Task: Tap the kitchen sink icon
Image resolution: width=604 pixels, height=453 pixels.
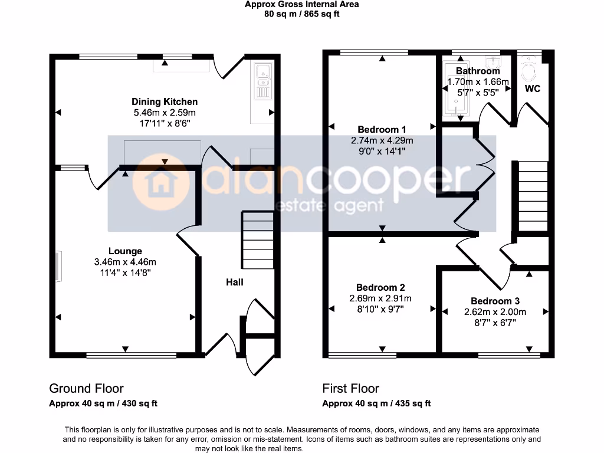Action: pyautogui.click(x=262, y=82)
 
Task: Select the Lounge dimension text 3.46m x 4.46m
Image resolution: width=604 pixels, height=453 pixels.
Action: pyautogui.click(x=125, y=262)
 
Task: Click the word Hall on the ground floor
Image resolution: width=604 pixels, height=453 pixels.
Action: pyautogui.click(x=235, y=282)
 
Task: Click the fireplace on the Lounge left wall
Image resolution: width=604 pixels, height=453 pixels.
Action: pyautogui.click(x=58, y=267)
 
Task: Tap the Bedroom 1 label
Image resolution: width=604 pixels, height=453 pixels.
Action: pyautogui.click(x=382, y=129)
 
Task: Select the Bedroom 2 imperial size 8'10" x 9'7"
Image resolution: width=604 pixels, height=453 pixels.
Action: pyautogui.click(x=380, y=308)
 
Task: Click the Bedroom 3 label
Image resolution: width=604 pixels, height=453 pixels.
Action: pyautogui.click(x=494, y=301)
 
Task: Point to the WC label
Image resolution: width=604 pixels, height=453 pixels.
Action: pyautogui.click(x=533, y=89)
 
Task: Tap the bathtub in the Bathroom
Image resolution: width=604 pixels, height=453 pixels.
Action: pyautogui.click(x=453, y=86)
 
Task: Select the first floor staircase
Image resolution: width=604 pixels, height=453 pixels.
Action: pyautogui.click(x=533, y=196)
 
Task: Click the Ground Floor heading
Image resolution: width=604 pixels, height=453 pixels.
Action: pyautogui.click(x=86, y=388)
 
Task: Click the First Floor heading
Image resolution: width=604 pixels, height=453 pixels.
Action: pyautogui.click(x=350, y=388)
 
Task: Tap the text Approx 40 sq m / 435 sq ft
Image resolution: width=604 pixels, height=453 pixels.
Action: pyautogui.click(x=376, y=403)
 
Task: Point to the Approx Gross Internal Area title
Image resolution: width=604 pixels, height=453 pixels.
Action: pyautogui.click(x=302, y=4)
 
